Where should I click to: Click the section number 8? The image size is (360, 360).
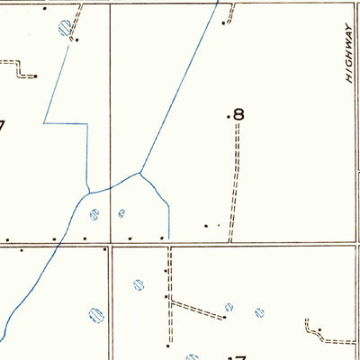click(238, 114)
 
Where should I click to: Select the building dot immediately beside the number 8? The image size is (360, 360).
click(228, 115)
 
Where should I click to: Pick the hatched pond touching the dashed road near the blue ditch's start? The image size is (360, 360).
click(64, 29)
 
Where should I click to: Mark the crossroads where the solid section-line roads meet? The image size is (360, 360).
click(111, 244)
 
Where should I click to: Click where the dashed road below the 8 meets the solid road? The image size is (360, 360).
click(231, 242)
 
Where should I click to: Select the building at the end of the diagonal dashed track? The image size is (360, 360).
click(224, 316)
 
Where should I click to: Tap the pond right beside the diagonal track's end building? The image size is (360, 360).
click(229, 306)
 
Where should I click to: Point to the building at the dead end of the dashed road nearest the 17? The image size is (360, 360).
click(167, 345)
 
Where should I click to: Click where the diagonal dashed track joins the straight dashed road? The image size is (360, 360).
click(169, 299)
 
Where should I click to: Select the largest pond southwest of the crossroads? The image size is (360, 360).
click(94, 315)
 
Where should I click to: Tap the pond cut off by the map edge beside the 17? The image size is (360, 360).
click(191, 355)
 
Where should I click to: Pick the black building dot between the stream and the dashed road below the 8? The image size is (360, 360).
click(206, 225)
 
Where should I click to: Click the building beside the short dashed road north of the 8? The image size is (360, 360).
click(227, 22)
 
